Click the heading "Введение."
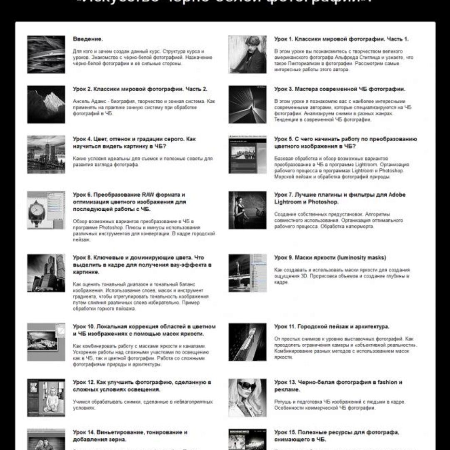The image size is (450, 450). click(x=87, y=39)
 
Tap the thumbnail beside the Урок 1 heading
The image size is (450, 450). click(x=247, y=54)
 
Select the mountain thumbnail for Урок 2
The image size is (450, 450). click(x=46, y=104)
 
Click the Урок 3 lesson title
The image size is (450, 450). click(x=340, y=89)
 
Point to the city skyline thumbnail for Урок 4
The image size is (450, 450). click(x=46, y=154)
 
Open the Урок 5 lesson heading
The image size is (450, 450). click(x=345, y=142)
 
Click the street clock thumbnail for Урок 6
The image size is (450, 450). click(x=46, y=210)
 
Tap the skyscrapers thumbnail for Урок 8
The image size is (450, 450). click(x=46, y=273)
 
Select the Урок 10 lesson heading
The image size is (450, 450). click(x=144, y=330)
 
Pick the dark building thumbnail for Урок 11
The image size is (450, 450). click(x=247, y=342)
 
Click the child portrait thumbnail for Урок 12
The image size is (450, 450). click(x=46, y=398)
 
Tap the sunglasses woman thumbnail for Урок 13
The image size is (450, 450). click(x=247, y=398)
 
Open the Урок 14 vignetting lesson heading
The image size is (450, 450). click(x=130, y=436)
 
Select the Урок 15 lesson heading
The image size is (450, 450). click(x=337, y=436)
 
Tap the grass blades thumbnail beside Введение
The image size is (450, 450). click(x=46, y=54)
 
